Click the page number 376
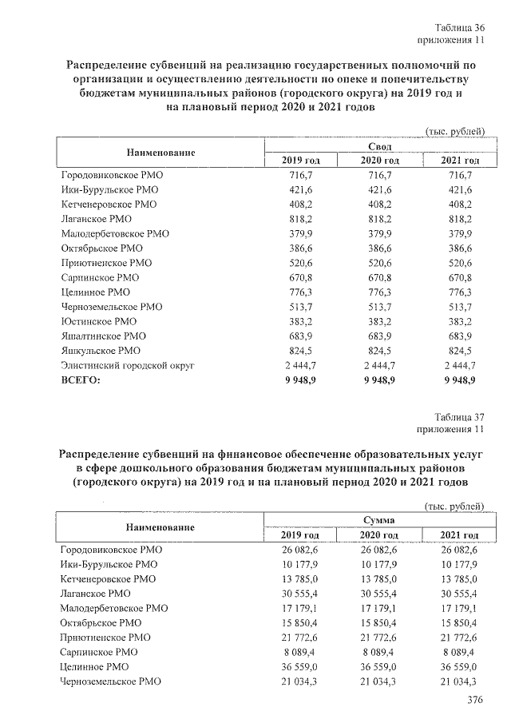(x=476, y=701)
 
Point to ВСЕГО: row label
(x=81, y=381)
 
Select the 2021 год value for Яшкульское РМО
(x=461, y=352)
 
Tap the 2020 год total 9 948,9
(x=380, y=381)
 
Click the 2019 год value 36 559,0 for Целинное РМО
(x=295, y=667)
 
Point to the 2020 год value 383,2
(x=380, y=322)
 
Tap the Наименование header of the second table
(x=160, y=527)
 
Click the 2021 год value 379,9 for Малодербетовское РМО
(x=461, y=234)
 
